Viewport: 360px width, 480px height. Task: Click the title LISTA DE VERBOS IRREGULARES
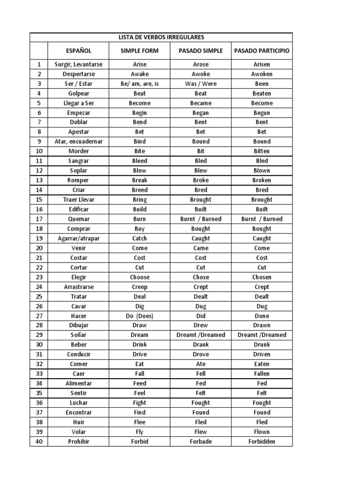[161, 37]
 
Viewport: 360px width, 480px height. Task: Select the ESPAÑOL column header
[78, 51]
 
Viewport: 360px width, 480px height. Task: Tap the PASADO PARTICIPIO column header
[262, 51]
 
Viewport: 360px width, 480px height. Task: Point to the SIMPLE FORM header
[139, 51]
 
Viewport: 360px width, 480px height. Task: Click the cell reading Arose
[201, 64]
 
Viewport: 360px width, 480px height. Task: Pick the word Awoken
[262, 74]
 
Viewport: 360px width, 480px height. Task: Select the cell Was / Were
[201, 84]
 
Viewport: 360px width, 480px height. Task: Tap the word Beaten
[262, 93]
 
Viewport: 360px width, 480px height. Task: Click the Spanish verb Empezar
[78, 113]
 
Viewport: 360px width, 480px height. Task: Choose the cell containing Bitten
[262, 151]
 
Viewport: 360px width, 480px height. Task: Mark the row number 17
[39, 219]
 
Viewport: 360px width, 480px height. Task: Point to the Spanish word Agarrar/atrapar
[78, 239]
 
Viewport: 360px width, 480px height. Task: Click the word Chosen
[262, 277]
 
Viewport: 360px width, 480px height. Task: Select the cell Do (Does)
[139, 316]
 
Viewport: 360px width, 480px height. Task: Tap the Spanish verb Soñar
[78, 335]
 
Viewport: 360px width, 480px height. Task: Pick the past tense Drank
[201, 345]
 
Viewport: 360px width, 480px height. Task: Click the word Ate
[201, 364]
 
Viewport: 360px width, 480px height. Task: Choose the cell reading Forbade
[201, 442]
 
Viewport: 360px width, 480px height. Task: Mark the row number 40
[39, 442]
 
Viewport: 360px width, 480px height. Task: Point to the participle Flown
[262, 432]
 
